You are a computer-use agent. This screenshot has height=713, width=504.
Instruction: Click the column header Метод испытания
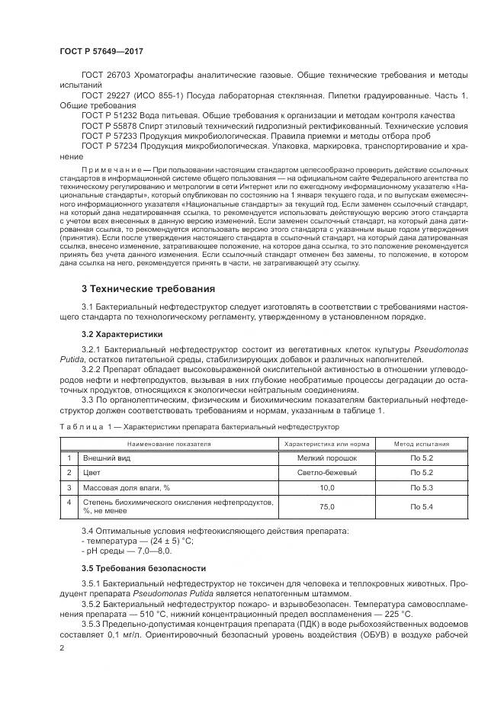pyautogui.click(x=421, y=443)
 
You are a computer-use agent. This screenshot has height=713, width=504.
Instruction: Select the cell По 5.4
pyautogui.click(x=421, y=506)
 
